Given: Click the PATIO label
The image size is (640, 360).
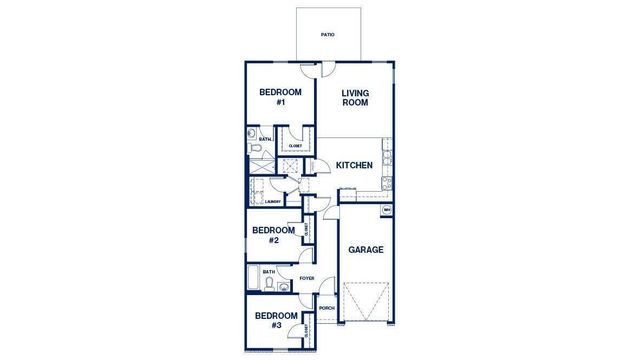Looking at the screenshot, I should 328,35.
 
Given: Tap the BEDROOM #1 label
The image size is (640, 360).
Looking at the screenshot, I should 273,97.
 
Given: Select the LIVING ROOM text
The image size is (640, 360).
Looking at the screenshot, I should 355,97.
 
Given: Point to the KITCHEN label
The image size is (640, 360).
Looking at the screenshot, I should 354,165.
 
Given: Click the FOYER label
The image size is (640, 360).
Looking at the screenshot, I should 306,278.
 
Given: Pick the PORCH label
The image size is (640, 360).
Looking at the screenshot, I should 326,308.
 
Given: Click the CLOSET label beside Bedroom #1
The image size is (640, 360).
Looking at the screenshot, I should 295,146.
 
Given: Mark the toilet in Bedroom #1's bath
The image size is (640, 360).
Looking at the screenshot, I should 255,149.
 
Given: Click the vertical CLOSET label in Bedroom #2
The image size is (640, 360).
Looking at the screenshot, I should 304,231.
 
